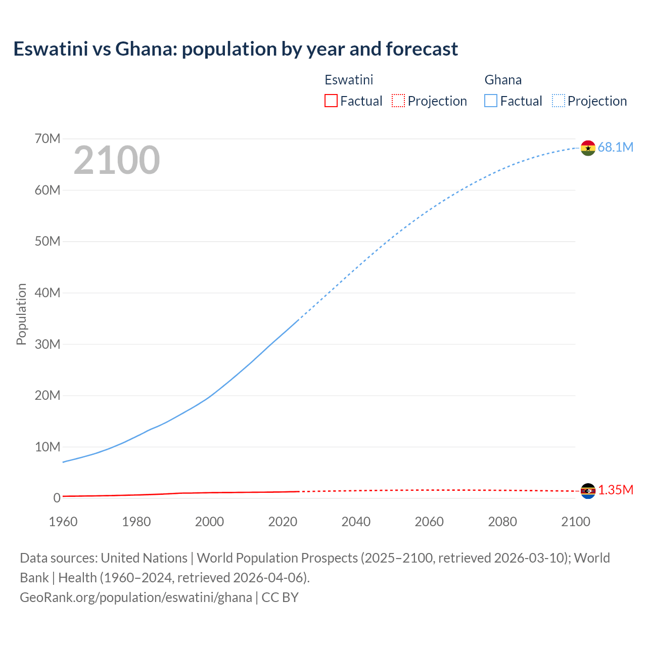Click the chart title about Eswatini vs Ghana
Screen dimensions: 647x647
[236, 49]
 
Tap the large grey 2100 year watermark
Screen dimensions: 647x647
[117, 160]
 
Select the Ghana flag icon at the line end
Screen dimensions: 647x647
[588, 148]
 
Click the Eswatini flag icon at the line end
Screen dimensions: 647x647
[588, 491]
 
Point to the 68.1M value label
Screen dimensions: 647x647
[615, 147]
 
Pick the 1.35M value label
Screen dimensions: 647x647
[616, 490]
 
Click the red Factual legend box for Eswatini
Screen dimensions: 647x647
[331, 101]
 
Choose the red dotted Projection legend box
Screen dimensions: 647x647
[398, 101]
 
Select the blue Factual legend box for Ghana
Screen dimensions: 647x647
[491, 101]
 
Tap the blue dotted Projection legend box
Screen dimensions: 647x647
[559, 101]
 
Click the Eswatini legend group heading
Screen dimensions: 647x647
[349, 80]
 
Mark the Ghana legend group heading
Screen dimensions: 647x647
[503, 80]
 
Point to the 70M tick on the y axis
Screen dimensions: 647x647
[48, 138]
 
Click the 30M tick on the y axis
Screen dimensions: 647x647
[48, 344]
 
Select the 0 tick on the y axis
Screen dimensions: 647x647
[57, 498]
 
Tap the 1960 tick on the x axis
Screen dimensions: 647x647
[63, 522]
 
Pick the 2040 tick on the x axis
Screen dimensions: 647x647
[356, 522]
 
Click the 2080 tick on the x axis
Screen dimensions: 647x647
[502, 522]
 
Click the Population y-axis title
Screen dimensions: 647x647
[21, 314]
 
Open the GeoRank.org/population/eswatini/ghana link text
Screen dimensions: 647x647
[136, 597]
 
